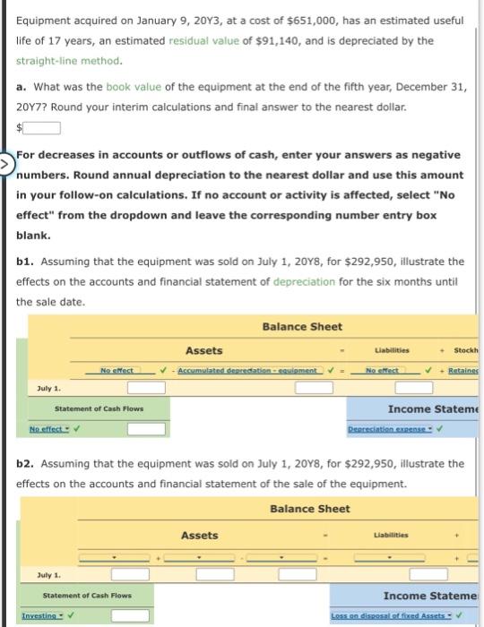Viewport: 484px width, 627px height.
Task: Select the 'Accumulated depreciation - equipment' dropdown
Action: [x=246, y=369]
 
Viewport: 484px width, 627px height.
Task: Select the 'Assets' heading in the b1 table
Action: [x=204, y=350]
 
